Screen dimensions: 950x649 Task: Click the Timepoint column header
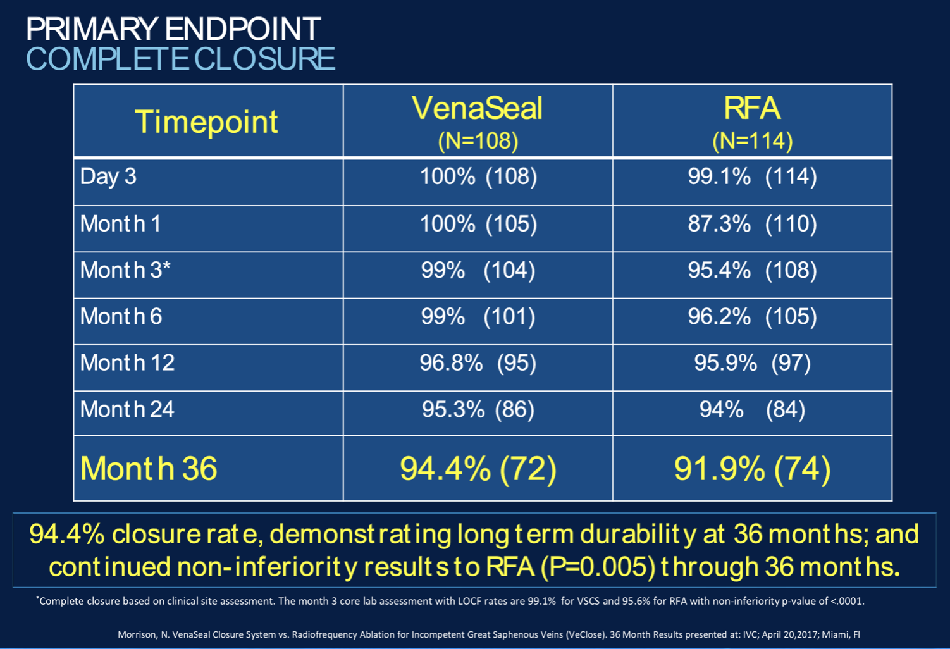tap(207, 121)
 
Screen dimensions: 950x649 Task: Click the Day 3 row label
tap(108, 176)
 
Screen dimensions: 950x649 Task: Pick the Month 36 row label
tap(149, 469)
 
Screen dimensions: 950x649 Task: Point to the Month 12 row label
tap(127, 362)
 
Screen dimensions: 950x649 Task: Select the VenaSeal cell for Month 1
tap(478, 223)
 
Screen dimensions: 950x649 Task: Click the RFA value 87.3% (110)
tap(752, 223)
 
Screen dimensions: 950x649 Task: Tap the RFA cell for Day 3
tap(752, 176)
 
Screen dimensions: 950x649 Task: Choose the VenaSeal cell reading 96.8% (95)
tap(478, 363)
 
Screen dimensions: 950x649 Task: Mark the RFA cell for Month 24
tap(752, 409)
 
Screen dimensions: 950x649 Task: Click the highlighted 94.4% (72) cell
tap(478, 469)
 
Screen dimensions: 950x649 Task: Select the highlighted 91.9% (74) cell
tap(752, 469)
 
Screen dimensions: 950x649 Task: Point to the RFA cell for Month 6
tap(752, 316)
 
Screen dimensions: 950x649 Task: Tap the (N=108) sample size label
tap(478, 141)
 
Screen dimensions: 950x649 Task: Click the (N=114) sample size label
tap(752, 141)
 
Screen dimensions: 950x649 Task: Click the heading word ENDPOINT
tap(243, 29)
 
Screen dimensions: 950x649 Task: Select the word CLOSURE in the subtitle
tap(264, 59)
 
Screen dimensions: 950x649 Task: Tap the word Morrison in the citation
tap(137, 634)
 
